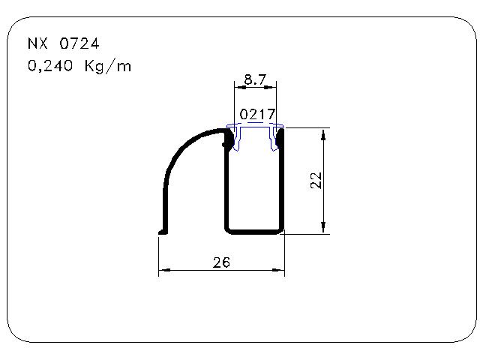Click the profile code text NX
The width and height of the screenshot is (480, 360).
pos(37,43)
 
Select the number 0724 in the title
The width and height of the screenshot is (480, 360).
pos(79,43)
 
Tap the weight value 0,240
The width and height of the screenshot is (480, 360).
pos(50,66)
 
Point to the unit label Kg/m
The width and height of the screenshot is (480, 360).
pos(108,66)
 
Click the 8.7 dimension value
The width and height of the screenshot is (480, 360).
pos(255,79)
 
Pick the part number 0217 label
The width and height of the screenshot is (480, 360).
pos(257,114)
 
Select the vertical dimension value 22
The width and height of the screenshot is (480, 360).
pos(316,181)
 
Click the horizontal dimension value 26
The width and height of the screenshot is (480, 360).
pos(221,262)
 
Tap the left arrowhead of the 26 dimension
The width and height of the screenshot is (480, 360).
pos(165,270)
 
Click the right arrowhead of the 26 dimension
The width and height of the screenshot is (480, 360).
pos(278,270)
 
